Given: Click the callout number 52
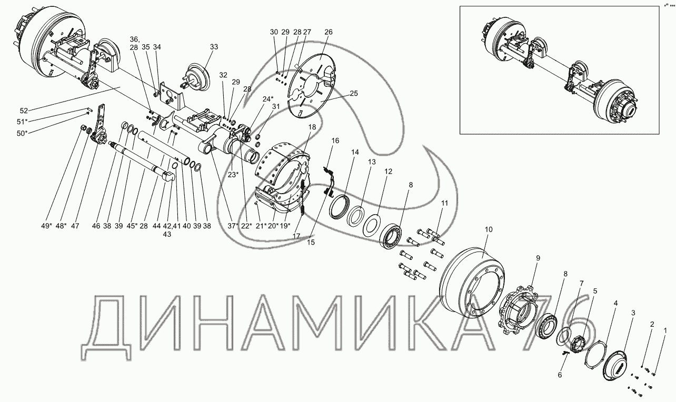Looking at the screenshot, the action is (x=24, y=110).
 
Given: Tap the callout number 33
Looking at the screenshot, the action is (x=214, y=47).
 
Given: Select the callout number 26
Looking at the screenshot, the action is (x=329, y=32).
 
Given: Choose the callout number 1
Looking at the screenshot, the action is (x=665, y=330).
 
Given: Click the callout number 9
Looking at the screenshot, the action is (x=538, y=258).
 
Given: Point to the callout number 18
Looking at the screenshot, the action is (x=312, y=127).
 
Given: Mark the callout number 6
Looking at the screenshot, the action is (x=560, y=375).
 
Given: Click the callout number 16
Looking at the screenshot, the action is (x=335, y=140).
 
